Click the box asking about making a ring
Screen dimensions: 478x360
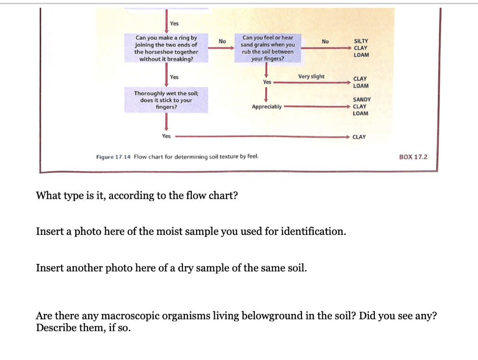tap(166, 48)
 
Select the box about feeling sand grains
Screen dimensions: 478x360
tap(267, 48)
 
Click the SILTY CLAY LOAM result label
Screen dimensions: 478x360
tap(361, 48)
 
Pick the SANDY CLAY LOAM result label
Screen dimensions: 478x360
tap(361, 106)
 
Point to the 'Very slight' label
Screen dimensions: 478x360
tap(311, 76)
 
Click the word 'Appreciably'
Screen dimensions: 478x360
tap(267, 107)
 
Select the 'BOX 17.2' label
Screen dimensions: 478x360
tap(413, 157)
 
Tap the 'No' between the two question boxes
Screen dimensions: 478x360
tap(222, 42)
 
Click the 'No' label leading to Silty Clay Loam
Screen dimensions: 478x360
tap(325, 42)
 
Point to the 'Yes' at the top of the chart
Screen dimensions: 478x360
tap(174, 23)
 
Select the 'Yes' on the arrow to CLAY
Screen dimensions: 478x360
tap(166, 136)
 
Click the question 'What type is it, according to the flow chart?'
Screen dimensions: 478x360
tap(137, 195)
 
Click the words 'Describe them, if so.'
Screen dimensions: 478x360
tap(83, 327)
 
